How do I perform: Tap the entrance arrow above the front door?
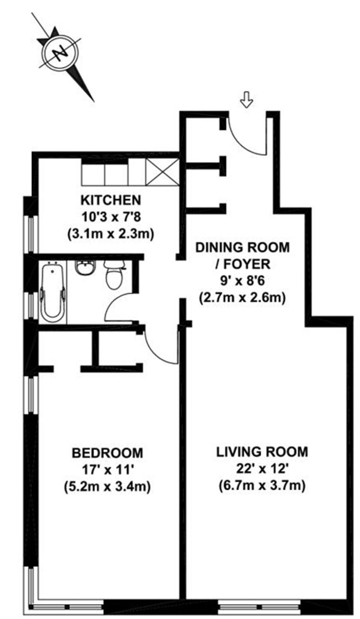pos(246,99)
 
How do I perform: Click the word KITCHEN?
pos(111,200)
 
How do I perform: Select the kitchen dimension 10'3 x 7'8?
pos(111,217)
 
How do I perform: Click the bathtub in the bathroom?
pos(53,292)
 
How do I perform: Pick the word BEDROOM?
pos(108,453)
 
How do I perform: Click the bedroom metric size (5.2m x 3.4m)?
pos(107,487)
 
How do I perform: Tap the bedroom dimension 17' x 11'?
pos(108,470)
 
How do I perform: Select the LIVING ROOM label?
pos(262,452)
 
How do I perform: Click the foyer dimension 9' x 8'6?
pos(242,281)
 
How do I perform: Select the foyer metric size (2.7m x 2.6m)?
pos(242,298)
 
